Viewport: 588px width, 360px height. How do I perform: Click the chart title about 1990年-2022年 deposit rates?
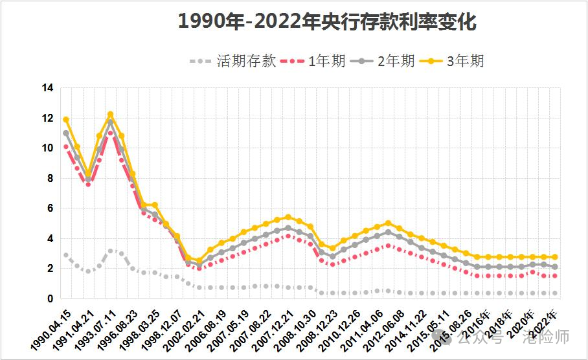(327, 22)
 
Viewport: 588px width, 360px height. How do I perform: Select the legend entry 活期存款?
(246, 62)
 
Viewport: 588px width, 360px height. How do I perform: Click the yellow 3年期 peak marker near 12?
(110, 115)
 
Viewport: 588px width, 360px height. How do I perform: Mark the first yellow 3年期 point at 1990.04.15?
(66, 120)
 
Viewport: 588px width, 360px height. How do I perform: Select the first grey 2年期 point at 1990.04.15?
(66, 133)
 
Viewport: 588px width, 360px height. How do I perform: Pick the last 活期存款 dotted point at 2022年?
(555, 293)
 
